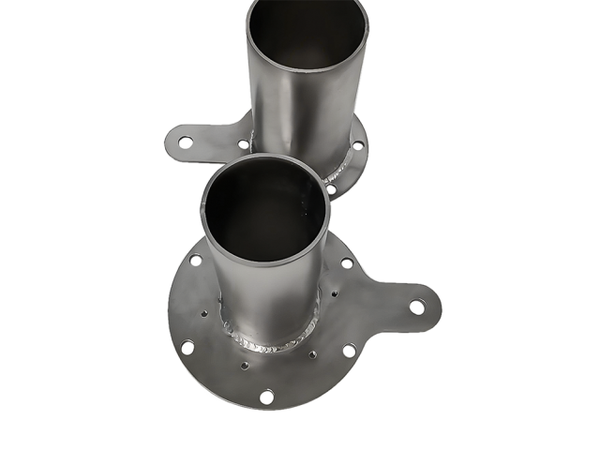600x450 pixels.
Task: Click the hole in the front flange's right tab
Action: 415,307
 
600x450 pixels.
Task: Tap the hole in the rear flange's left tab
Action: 186,142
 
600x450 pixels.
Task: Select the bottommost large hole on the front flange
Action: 266,397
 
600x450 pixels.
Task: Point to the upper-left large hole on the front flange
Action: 196,261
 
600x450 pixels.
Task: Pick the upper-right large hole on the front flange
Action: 347,263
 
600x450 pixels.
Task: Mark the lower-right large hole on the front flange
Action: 349,351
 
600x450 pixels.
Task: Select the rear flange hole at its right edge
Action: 357,145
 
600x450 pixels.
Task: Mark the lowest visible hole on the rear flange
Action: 331,189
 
